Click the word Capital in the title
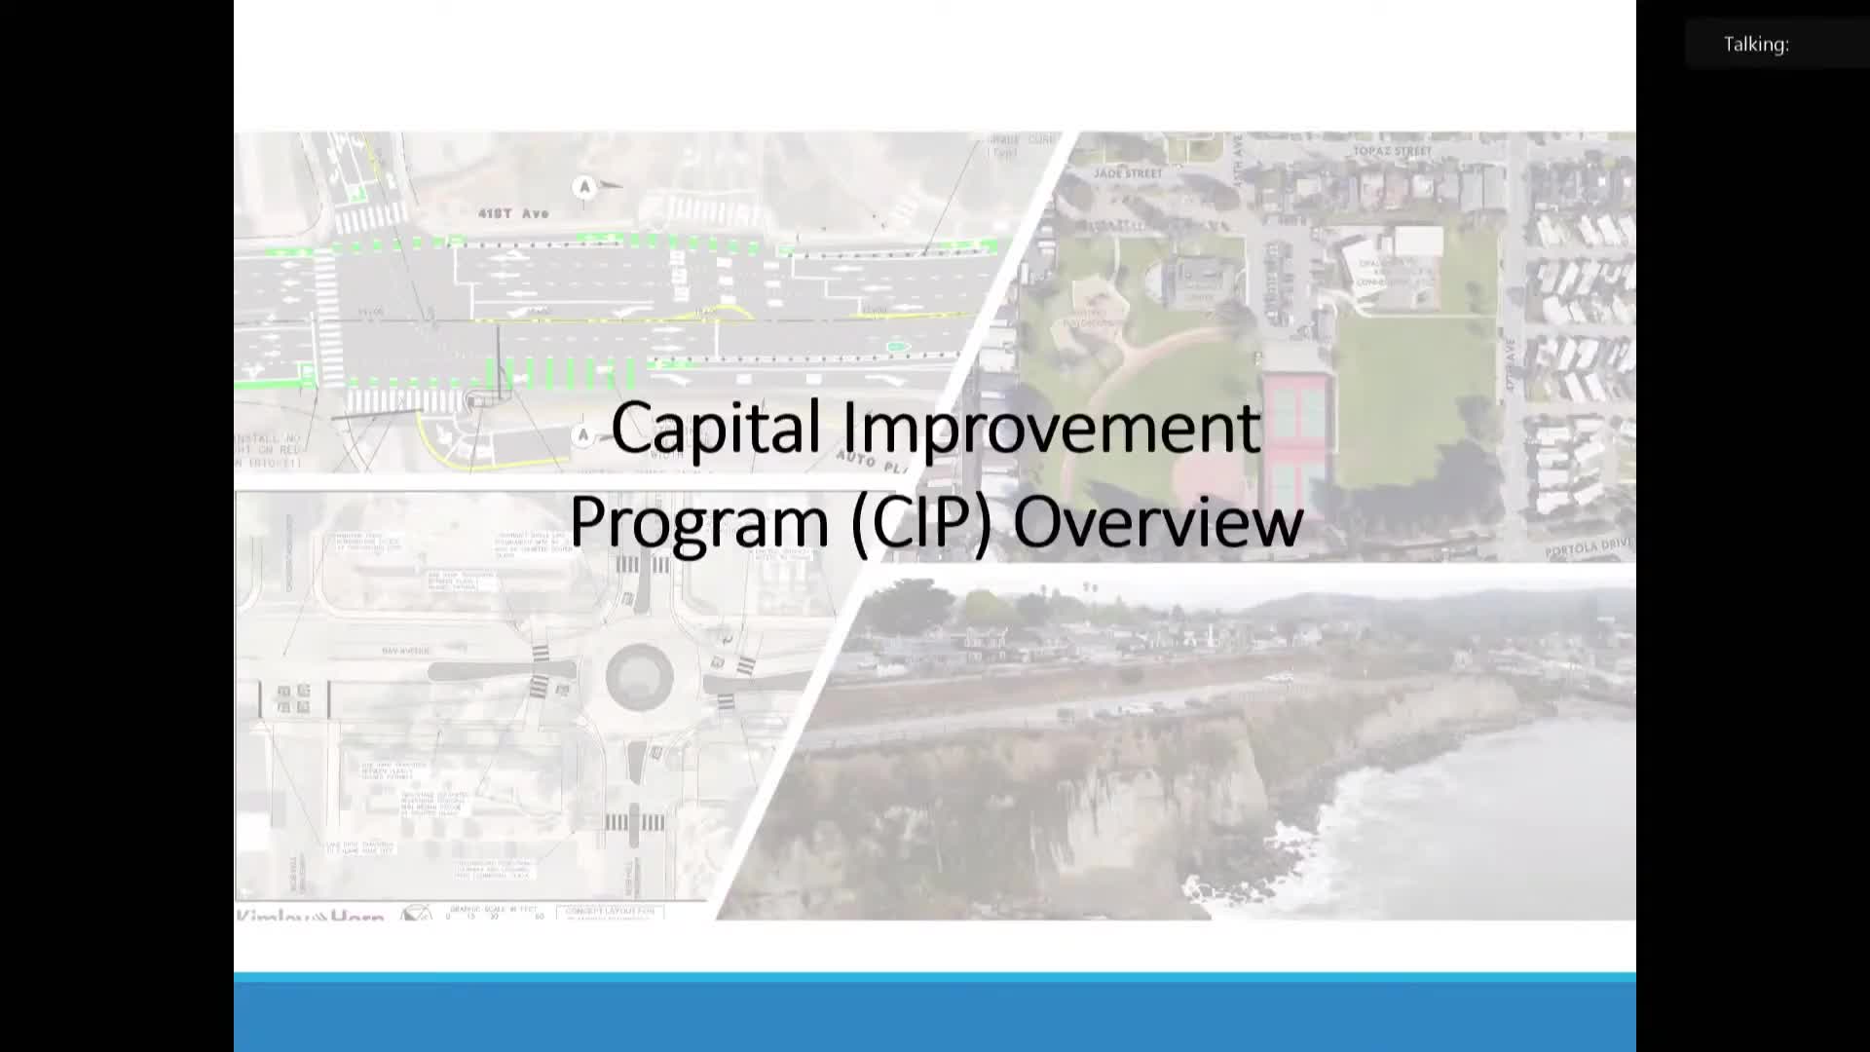pyautogui.click(x=716, y=429)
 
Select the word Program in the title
pyautogui.click(x=698, y=521)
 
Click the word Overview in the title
pyautogui.click(x=1157, y=521)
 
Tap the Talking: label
pyautogui.click(x=1755, y=45)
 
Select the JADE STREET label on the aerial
pyautogui.click(x=1128, y=173)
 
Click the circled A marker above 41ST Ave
pyautogui.click(x=584, y=186)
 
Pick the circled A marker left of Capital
pyautogui.click(x=583, y=435)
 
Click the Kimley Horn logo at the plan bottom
pyautogui.click(x=310, y=916)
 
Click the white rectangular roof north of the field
pyautogui.click(x=1418, y=242)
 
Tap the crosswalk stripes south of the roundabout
pyautogui.click(x=634, y=823)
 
